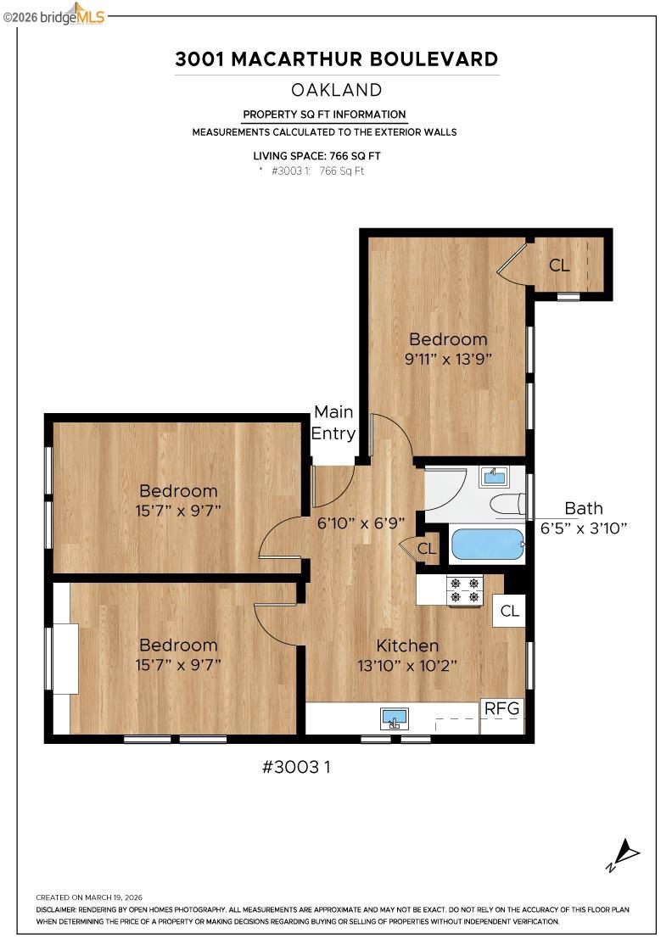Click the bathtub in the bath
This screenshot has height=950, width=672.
point(487,545)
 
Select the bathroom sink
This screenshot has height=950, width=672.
point(493,477)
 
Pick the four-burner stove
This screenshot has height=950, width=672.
point(464,590)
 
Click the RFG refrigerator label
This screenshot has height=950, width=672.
point(502,708)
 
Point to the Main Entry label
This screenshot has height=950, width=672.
point(333,422)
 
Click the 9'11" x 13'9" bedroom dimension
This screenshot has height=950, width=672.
point(448,358)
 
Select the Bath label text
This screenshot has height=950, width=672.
point(584,508)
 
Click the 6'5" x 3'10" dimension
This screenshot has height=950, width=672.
point(584,528)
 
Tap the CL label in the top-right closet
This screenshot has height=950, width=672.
point(559,265)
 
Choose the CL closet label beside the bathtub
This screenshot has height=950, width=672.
point(427,550)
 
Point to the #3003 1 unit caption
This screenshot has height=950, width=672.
point(296,767)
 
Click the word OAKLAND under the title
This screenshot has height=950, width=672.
point(336,90)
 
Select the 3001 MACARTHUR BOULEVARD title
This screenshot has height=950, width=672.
point(336,59)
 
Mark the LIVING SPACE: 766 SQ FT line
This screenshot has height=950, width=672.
point(316,156)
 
